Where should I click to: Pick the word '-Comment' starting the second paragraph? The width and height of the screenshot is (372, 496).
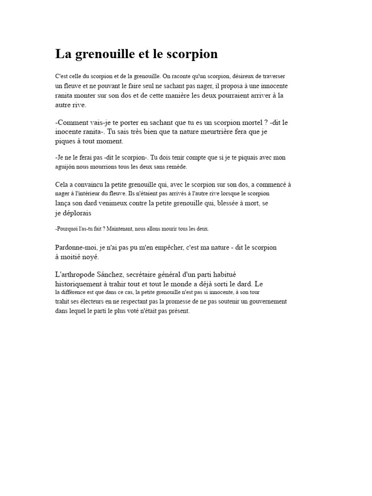pos(72,123)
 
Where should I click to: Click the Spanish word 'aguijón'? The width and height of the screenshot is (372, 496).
pos(66,167)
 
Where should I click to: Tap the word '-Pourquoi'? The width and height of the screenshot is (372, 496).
pos(67,229)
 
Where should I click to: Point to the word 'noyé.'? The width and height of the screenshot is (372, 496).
pos(90,257)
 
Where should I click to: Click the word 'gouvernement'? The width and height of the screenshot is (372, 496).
pos(264,301)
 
